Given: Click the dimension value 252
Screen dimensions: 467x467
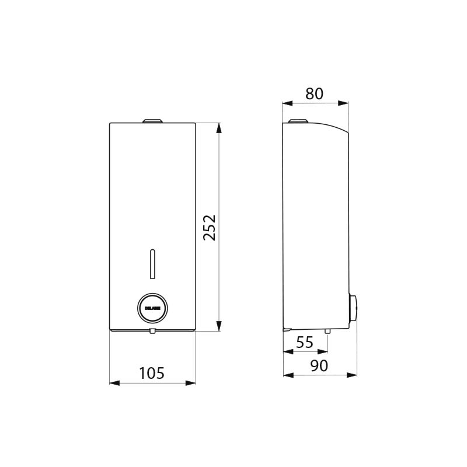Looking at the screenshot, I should [x=210, y=227].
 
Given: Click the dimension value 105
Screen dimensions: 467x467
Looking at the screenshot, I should [x=152, y=372].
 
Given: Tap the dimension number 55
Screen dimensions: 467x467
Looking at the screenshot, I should [x=304, y=343].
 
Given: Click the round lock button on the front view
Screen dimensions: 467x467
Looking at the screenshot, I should [x=152, y=306].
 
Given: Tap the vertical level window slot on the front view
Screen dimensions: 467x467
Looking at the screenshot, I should [x=152, y=263].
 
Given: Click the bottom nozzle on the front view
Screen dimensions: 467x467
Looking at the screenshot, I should [x=152, y=332].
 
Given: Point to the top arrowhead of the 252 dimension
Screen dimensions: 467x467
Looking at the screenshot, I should [x=219, y=127].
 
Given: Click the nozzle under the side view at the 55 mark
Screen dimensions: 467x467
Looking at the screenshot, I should [x=327, y=332].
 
